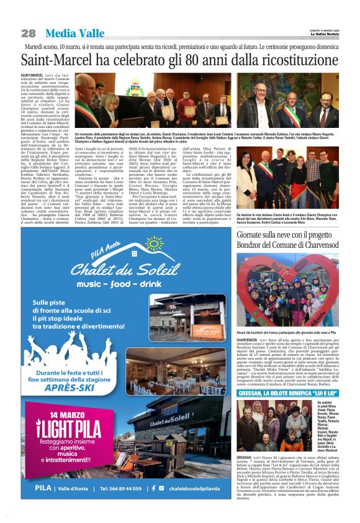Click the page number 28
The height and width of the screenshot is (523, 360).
point(29,33)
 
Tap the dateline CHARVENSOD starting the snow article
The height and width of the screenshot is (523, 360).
point(246,340)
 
